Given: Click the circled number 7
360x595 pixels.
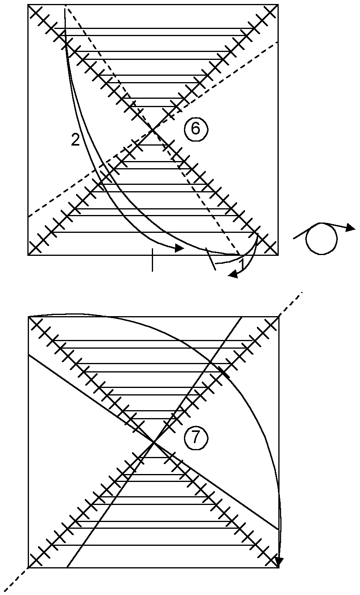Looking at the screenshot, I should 194,438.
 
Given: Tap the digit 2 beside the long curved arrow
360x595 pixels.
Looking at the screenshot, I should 75,140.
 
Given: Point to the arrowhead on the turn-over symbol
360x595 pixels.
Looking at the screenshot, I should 350,228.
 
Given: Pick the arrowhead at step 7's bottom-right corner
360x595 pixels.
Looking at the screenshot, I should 279,562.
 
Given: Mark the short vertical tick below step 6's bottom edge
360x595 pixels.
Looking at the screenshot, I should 152,260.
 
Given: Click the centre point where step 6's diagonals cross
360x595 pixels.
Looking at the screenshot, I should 153,130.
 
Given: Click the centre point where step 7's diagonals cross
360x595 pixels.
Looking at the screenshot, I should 154,442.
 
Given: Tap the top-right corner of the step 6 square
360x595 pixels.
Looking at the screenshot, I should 278,5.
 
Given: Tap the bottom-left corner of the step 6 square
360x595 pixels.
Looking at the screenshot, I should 28,255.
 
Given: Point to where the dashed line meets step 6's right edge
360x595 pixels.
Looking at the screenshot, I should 278,41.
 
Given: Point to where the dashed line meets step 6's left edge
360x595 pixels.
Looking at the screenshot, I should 28,217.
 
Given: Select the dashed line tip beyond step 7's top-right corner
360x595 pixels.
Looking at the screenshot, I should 302,292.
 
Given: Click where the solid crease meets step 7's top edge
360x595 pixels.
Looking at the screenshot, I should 242,317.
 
